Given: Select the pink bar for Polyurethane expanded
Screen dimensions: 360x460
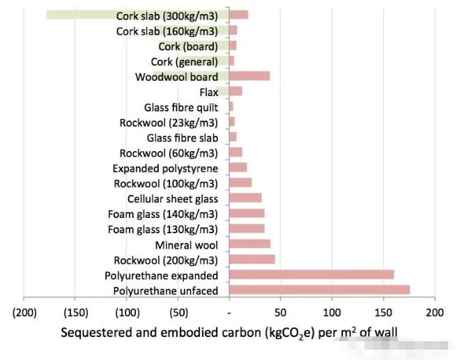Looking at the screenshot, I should tap(311, 274).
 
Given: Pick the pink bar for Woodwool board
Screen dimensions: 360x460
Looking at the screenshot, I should tap(250, 77).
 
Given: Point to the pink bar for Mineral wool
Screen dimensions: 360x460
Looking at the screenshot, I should tap(250, 244).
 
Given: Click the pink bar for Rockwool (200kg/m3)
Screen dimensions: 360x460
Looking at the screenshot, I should tap(252, 259).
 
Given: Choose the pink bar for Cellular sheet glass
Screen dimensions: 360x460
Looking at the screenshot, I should tap(245, 198).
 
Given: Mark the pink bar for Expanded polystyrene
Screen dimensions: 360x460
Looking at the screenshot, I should tap(238, 168).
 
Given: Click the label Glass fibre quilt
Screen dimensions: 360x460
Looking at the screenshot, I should tap(181, 107).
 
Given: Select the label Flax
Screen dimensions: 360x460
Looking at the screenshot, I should tap(208, 92).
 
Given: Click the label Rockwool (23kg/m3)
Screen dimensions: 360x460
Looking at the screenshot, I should tap(169, 123).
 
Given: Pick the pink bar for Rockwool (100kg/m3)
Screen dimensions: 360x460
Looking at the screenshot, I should tap(240, 183).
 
